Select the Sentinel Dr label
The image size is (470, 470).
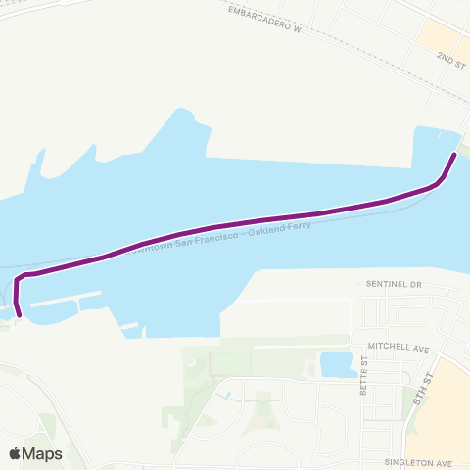pos(393,284)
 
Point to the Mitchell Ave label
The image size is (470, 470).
pos(399,348)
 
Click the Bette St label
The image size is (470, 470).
pos(362,376)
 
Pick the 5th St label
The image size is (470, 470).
pos(422,390)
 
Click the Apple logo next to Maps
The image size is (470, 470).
pos(16,453)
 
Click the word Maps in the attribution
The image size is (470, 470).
pos(43,453)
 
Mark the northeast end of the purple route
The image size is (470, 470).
pos(455,155)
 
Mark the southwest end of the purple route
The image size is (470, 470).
pos(19,314)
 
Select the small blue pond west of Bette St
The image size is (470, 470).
pos(337,364)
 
